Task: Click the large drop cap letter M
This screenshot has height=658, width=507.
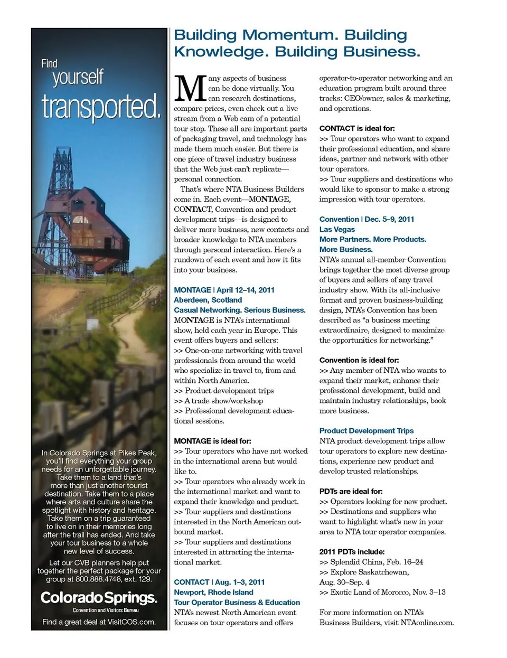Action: point(190,88)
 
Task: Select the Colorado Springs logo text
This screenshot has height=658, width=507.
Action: point(99,598)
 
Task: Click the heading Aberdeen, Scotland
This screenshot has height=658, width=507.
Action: point(208,300)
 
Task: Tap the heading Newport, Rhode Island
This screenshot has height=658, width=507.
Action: point(213,592)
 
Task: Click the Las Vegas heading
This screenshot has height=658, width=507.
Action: point(337,229)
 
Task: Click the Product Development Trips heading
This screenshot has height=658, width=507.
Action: point(366,431)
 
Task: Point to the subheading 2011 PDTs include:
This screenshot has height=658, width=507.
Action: point(352,552)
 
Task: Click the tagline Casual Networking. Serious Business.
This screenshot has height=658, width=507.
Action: point(239,310)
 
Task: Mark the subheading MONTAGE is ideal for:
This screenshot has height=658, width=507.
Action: point(212,441)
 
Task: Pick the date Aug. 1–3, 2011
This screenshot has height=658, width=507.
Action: point(240,582)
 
